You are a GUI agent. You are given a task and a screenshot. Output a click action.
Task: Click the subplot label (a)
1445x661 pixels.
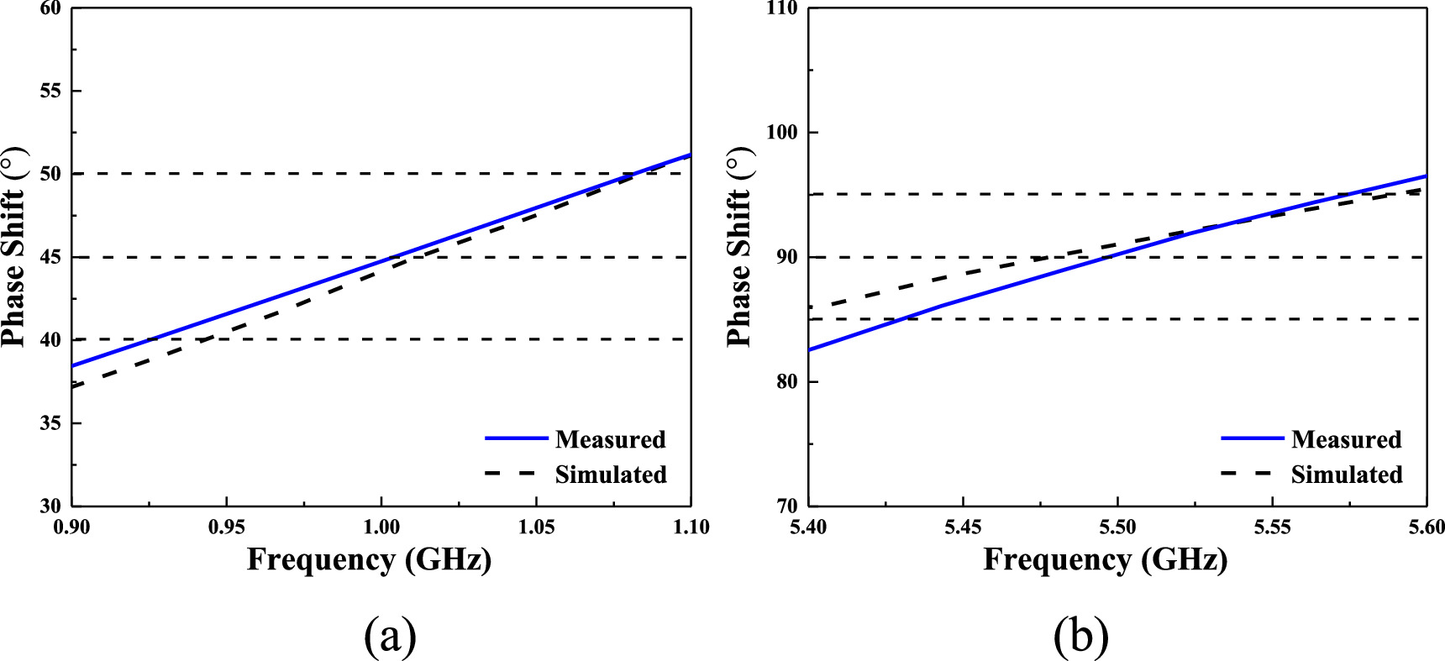coord(390,637)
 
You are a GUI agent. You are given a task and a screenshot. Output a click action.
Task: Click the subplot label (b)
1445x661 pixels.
coord(1080,637)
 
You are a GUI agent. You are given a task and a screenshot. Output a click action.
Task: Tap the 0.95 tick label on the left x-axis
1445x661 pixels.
coord(227,527)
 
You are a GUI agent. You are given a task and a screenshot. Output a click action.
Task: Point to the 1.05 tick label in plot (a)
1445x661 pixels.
coord(536,527)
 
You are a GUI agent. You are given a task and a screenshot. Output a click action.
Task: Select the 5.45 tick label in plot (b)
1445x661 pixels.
coord(963,527)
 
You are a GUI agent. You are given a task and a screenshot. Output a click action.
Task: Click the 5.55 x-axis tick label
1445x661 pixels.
coord(1272,527)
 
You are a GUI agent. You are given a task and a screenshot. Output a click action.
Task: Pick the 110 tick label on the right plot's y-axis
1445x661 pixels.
coord(781,9)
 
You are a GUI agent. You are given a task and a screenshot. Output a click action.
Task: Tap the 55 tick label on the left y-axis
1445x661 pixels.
coord(50,91)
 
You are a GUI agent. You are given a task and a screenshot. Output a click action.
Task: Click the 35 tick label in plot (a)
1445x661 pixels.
coord(50,423)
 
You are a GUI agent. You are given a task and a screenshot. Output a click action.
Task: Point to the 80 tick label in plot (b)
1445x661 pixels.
coord(787,382)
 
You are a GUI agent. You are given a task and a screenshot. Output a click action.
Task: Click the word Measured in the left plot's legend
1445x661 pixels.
coord(610,439)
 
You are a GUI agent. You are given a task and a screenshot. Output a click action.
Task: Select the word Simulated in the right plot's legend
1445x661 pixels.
coord(1347,475)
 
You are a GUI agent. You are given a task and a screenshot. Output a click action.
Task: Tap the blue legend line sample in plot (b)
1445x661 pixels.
coord(1252,438)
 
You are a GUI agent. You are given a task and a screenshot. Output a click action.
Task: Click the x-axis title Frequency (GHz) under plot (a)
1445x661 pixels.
coord(369,559)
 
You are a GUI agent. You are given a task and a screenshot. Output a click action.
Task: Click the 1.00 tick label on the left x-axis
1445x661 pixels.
coord(381,527)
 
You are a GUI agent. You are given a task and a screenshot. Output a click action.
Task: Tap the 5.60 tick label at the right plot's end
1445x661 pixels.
coord(1426,527)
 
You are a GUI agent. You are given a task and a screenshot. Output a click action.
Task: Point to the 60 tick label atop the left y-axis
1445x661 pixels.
coord(50,9)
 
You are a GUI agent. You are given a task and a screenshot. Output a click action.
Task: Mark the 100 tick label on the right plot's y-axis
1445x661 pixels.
coord(781,134)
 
